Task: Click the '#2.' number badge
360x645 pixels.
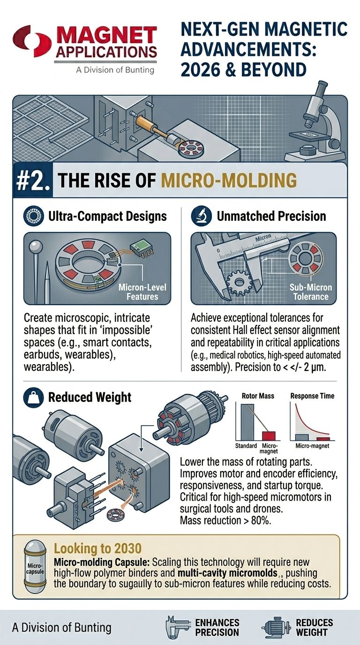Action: pos(31,181)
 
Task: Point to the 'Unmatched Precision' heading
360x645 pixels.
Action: pos(271,216)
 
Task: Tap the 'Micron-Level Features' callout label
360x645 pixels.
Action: pos(145,292)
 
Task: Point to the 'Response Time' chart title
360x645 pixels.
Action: pos(312,396)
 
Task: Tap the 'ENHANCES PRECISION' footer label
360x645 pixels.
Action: pos(217,627)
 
